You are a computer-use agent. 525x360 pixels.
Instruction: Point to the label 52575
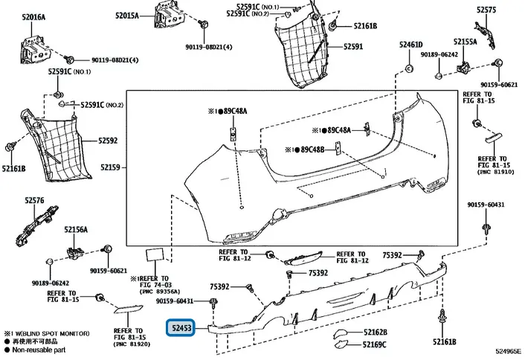pos(486,10)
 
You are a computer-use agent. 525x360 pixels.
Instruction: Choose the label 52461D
pos(410,45)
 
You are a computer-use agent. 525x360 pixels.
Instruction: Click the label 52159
pos(110,167)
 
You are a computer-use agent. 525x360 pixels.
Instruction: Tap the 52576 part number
pos(34,199)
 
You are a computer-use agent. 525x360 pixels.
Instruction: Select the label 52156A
pos(76,230)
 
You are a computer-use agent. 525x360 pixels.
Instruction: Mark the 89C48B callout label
pos(312,150)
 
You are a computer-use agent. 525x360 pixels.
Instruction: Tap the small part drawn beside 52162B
pos(342,332)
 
